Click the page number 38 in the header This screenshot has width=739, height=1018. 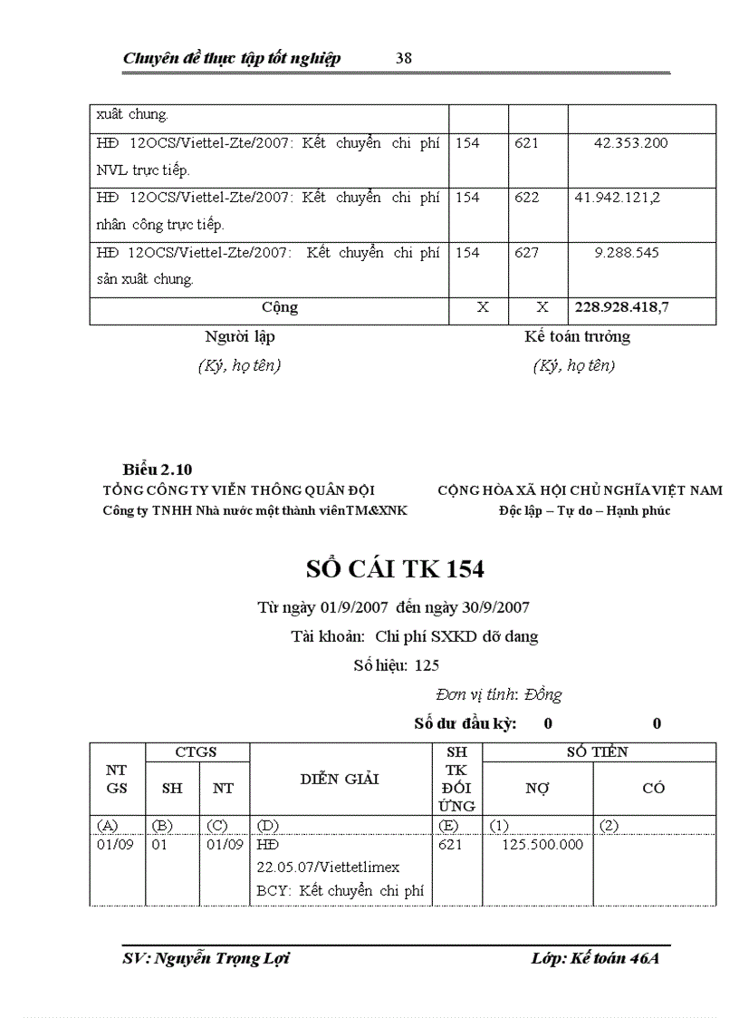tap(404, 58)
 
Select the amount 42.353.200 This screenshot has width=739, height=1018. tap(631, 143)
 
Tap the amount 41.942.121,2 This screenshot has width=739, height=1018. tap(617, 197)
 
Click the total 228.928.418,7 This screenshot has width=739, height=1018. tap(622, 308)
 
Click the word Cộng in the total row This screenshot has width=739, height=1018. tap(279, 308)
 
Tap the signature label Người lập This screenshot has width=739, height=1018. tap(240, 337)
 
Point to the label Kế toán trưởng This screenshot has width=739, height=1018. tap(577, 337)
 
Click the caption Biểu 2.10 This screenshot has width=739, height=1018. tap(157, 470)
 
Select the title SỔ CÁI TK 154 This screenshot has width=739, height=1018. tap(394, 569)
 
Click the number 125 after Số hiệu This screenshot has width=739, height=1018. tap(427, 665)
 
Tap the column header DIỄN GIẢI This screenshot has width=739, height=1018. tap(340, 779)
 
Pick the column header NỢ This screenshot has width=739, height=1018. tap(537, 788)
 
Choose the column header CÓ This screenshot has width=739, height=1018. tap(654, 788)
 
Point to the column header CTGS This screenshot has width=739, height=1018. tap(197, 751)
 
